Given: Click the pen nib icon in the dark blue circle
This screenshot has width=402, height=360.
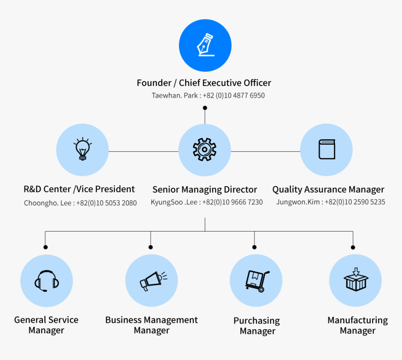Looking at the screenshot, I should point(205,45).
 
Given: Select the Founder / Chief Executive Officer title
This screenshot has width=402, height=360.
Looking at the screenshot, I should point(204,83).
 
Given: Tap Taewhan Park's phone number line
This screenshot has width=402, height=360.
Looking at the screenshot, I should point(208,96).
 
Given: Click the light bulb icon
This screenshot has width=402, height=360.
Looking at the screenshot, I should point(82,150).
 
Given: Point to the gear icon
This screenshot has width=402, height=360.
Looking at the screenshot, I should point(205,150).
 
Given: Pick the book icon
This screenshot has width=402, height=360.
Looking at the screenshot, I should point(326,150).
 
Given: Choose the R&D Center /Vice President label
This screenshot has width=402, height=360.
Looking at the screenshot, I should point(79,189).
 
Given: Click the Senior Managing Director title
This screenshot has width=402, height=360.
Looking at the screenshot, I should point(205,190).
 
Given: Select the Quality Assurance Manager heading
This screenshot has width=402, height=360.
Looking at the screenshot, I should point(328,190).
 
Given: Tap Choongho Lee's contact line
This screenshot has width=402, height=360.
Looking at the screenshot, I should point(80,203).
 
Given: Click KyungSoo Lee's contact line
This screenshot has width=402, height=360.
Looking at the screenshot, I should point(207,203).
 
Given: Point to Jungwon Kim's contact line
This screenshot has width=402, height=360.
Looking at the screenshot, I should point(330,203).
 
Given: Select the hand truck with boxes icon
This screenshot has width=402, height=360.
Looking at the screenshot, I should point(256,281).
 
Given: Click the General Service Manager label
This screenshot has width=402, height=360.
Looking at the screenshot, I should point(46,325).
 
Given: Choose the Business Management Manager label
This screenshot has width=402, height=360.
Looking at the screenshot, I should point(151,325).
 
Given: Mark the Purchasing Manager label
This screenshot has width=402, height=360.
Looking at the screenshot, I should point(257,326).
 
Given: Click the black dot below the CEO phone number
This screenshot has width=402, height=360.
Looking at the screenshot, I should point(205,108).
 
